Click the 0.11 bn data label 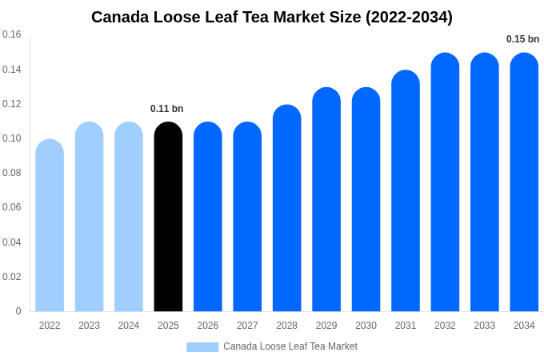tap(167, 109)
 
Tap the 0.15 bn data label tap(522, 39)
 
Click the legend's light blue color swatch tap(202, 347)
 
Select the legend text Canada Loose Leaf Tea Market tap(290, 346)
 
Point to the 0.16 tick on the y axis tap(12, 34)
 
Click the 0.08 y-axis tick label tap(12, 173)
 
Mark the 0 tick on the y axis tap(18, 311)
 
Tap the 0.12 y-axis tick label tap(12, 104)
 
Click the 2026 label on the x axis tap(208, 326)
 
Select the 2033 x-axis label tap(485, 326)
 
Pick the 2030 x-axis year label tap(366, 326)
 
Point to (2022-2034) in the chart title tap(409, 17)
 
